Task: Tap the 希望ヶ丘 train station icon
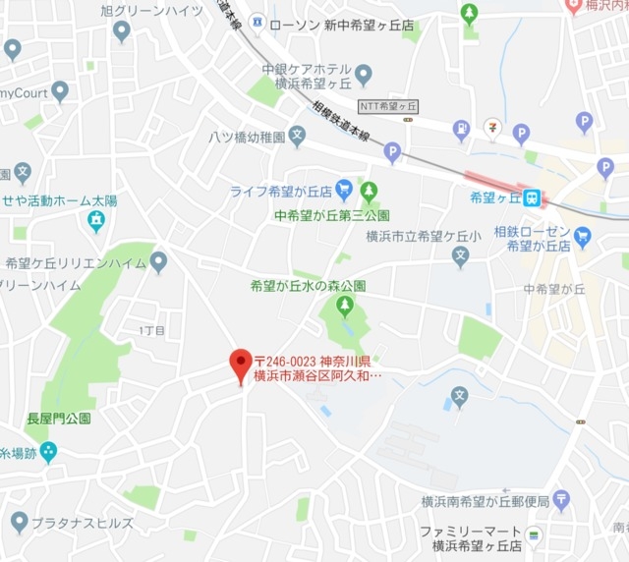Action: (x=533, y=197)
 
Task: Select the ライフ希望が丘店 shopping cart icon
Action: (x=344, y=190)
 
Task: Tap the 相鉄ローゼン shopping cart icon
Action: (x=582, y=236)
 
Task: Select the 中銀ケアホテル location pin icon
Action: (x=364, y=74)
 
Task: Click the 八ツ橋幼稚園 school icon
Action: (x=298, y=137)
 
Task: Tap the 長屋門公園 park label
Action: (x=59, y=418)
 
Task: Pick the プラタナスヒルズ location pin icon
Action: (x=19, y=522)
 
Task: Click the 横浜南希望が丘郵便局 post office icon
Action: (x=561, y=501)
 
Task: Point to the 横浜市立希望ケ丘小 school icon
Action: (x=460, y=256)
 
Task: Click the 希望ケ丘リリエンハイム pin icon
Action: (x=158, y=261)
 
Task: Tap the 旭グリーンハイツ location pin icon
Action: (x=122, y=30)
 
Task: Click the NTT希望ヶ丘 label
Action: (x=389, y=105)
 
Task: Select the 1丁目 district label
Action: (x=152, y=329)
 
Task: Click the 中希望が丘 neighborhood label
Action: (x=554, y=289)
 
